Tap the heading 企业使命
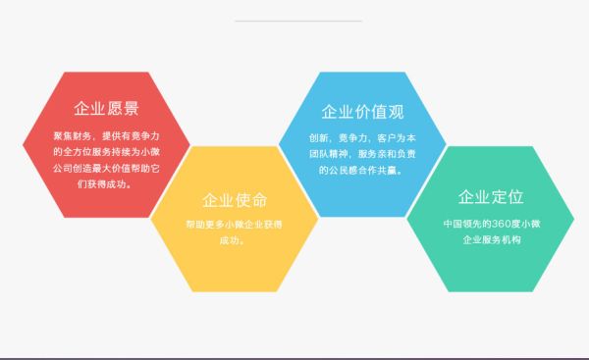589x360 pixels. point(234,200)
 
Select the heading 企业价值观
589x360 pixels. point(362,110)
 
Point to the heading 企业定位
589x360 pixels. point(490,198)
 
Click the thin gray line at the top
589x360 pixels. point(298,21)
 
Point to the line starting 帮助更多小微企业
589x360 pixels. point(234,224)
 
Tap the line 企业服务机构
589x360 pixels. point(491,239)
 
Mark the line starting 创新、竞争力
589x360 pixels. point(362,137)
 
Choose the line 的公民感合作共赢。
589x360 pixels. point(362,169)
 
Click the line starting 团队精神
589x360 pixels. point(362,153)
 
